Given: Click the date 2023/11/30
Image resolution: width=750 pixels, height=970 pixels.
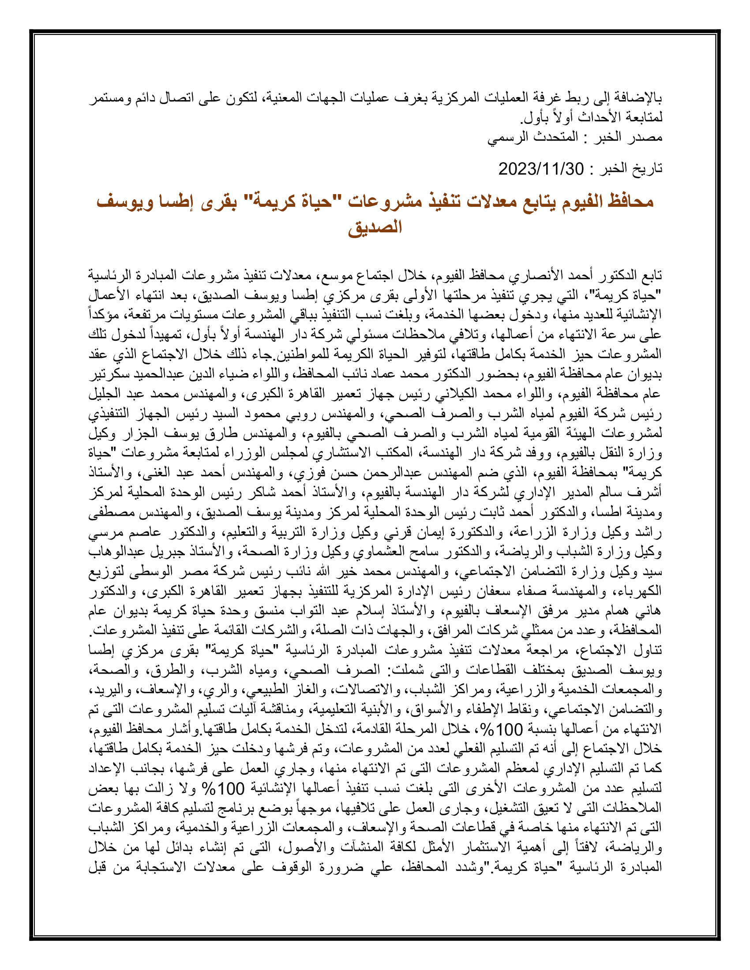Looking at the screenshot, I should point(541,169).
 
